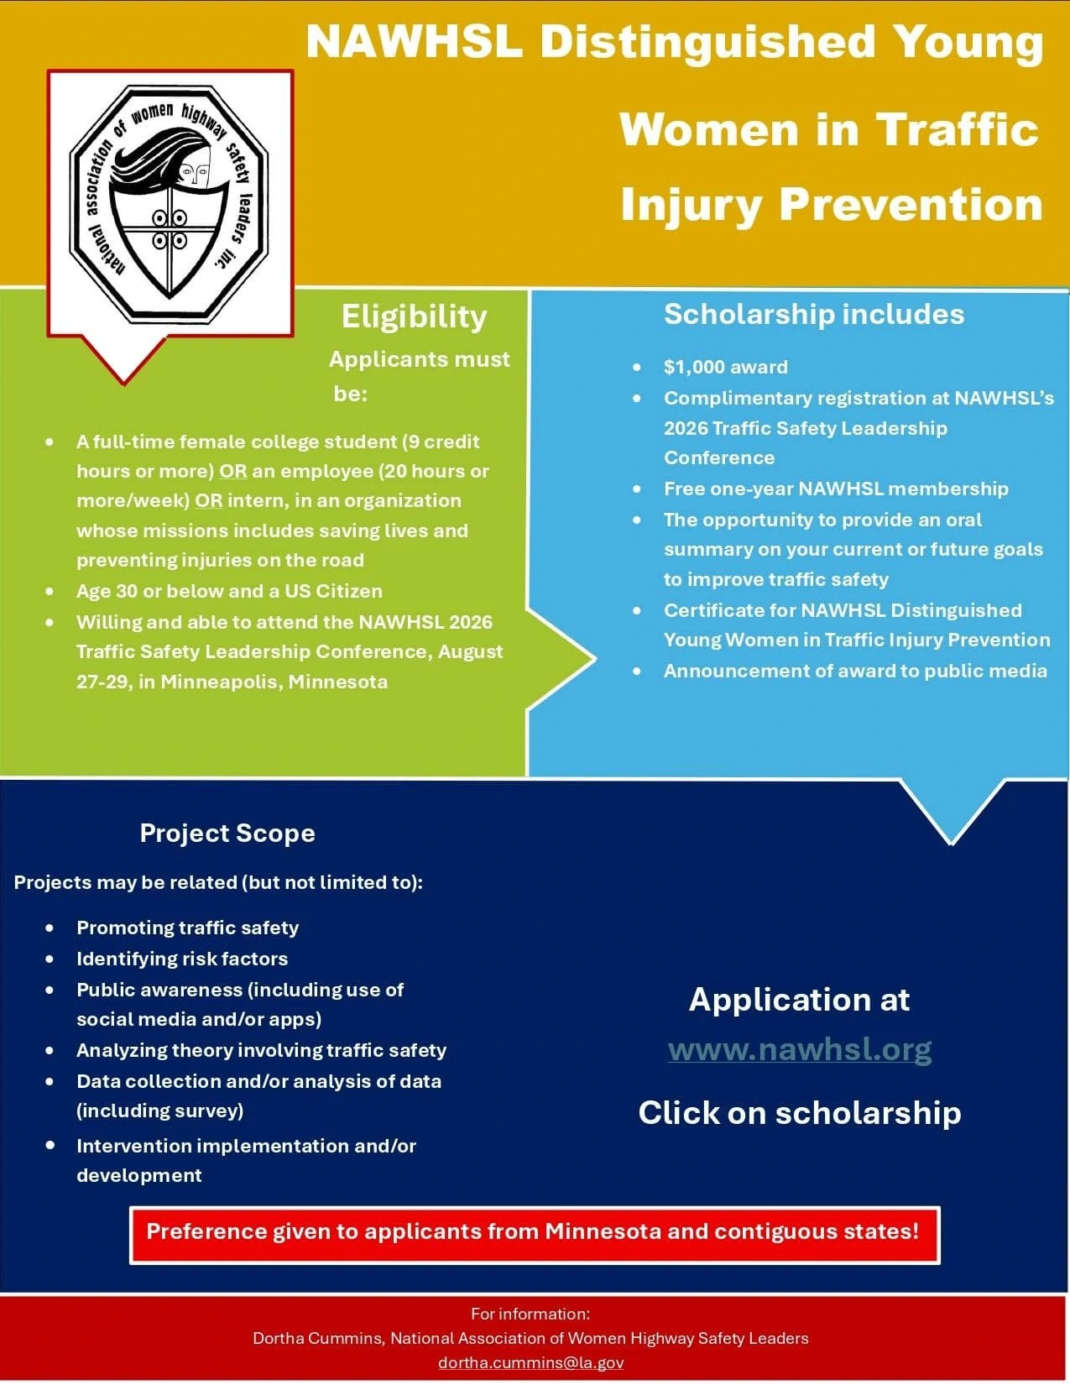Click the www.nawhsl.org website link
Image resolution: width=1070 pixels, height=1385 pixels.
(800, 1050)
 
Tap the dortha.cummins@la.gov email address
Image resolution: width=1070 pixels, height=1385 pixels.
(531, 1362)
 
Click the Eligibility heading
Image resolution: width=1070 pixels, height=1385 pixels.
(415, 317)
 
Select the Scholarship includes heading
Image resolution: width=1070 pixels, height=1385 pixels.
(814, 314)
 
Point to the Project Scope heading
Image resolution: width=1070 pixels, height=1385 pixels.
(227, 834)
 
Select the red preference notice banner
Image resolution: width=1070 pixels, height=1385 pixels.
(534, 1236)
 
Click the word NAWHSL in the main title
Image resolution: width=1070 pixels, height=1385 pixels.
(415, 42)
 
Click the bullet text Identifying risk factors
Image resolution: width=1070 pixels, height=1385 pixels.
(182, 959)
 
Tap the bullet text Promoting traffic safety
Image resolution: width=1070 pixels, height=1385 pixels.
(187, 928)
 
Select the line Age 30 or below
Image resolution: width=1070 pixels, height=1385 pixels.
(229, 592)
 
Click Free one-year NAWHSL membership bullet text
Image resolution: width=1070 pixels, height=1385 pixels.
(836, 489)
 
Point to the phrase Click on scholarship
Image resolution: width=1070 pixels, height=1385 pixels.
(800, 1114)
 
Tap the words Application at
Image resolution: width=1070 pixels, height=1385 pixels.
(799, 1000)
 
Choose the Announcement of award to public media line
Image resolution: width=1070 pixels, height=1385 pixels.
(855, 672)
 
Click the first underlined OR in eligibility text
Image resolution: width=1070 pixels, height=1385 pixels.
(233, 472)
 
